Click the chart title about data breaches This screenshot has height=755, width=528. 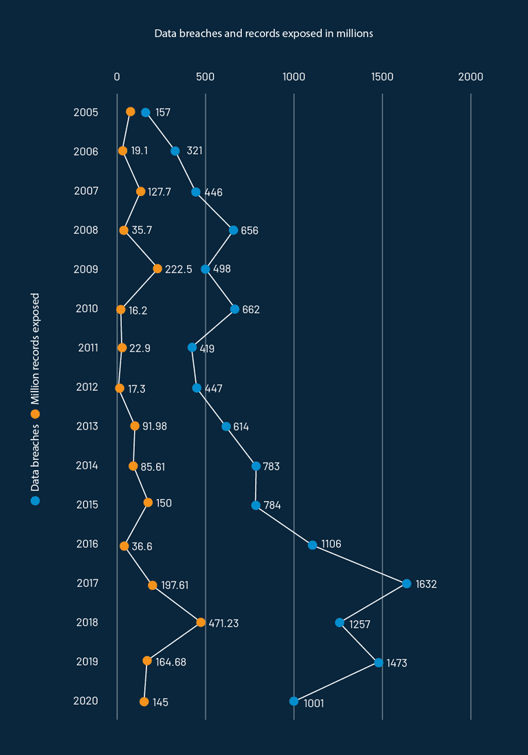point(263,33)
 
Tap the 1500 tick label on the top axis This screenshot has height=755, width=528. point(382,76)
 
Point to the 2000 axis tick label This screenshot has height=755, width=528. point(471,76)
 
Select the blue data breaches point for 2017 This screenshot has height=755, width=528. point(406,584)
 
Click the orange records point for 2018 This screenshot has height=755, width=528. point(201,622)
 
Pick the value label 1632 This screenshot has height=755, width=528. point(426,584)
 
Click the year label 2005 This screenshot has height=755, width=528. point(86,112)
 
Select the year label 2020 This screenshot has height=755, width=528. point(86,701)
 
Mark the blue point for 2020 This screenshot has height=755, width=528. point(294,701)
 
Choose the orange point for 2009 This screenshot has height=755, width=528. point(157,268)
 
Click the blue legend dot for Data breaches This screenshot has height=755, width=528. point(35,500)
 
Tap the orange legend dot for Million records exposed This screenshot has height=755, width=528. point(35,414)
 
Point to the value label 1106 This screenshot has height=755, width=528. point(331,544)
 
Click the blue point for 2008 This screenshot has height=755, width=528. point(233,230)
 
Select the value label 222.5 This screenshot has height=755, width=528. point(179,269)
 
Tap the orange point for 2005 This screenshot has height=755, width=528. point(131,111)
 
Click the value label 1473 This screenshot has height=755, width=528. point(398,663)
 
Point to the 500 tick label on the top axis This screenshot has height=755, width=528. point(206,76)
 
